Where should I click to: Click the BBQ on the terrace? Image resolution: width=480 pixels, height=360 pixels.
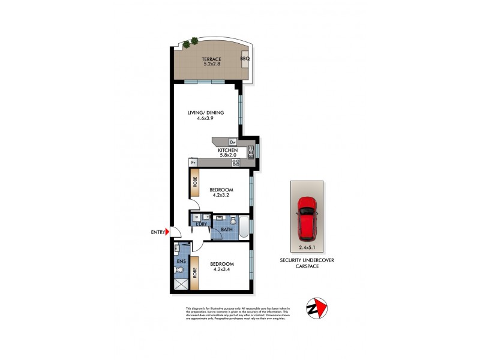(x=245, y=59)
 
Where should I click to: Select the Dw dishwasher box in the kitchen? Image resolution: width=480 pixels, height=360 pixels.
(x=233, y=142)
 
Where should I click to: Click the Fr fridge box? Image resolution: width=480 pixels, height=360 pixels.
(x=193, y=162)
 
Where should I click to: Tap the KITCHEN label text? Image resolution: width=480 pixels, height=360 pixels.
(x=228, y=151)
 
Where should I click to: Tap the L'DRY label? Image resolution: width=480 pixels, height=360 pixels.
(x=202, y=224)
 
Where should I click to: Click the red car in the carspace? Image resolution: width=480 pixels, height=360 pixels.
(x=308, y=217)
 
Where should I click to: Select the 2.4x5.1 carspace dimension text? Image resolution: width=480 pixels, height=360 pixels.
(x=308, y=247)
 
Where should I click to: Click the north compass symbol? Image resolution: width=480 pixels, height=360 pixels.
(x=317, y=307)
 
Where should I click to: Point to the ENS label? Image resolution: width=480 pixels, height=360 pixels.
(x=181, y=262)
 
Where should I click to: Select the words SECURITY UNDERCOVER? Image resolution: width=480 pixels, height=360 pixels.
(x=307, y=260)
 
